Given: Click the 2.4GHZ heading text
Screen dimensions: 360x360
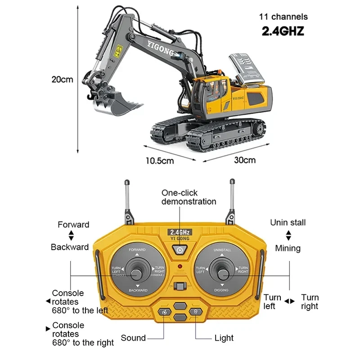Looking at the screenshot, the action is (x=283, y=31).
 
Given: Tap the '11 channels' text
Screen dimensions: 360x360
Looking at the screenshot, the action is (x=283, y=17).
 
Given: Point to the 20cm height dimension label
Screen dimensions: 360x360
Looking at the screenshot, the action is (x=62, y=80).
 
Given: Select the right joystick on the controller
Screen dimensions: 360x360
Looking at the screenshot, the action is (x=221, y=271).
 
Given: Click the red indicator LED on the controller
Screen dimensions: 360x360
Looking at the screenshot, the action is (x=180, y=267).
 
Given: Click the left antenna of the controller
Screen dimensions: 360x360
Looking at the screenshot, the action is (x=126, y=198).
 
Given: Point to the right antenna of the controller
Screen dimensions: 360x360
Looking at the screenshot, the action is (x=232, y=198).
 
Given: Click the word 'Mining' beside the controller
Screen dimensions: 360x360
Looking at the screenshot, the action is (x=288, y=248).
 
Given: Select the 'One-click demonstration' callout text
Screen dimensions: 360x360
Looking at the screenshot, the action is (x=189, y=197).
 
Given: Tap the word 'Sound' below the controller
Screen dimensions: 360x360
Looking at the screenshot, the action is (x=133, y=338).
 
